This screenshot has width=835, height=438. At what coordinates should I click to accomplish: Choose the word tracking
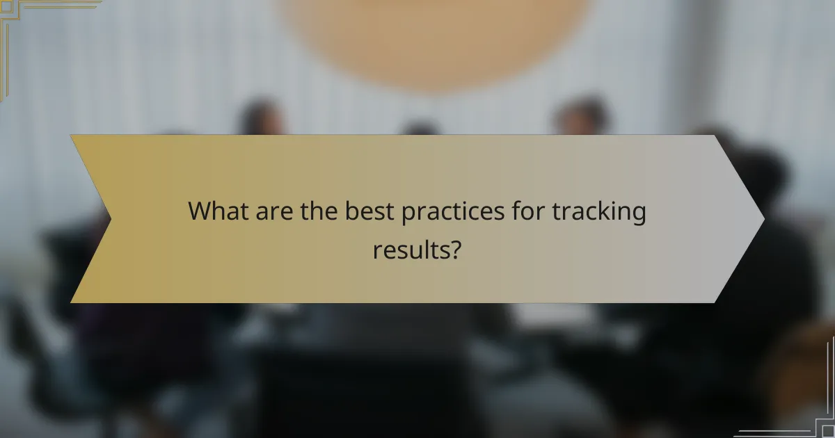(600, 213)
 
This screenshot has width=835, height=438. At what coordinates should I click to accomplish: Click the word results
(410, 249)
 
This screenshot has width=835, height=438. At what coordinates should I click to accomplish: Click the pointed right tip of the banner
(763, 219)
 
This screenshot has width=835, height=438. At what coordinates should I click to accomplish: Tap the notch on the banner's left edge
(110, 219)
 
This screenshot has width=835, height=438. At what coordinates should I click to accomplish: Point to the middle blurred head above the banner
(421, 127)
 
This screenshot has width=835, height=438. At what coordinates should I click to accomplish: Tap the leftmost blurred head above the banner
(262, 117)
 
